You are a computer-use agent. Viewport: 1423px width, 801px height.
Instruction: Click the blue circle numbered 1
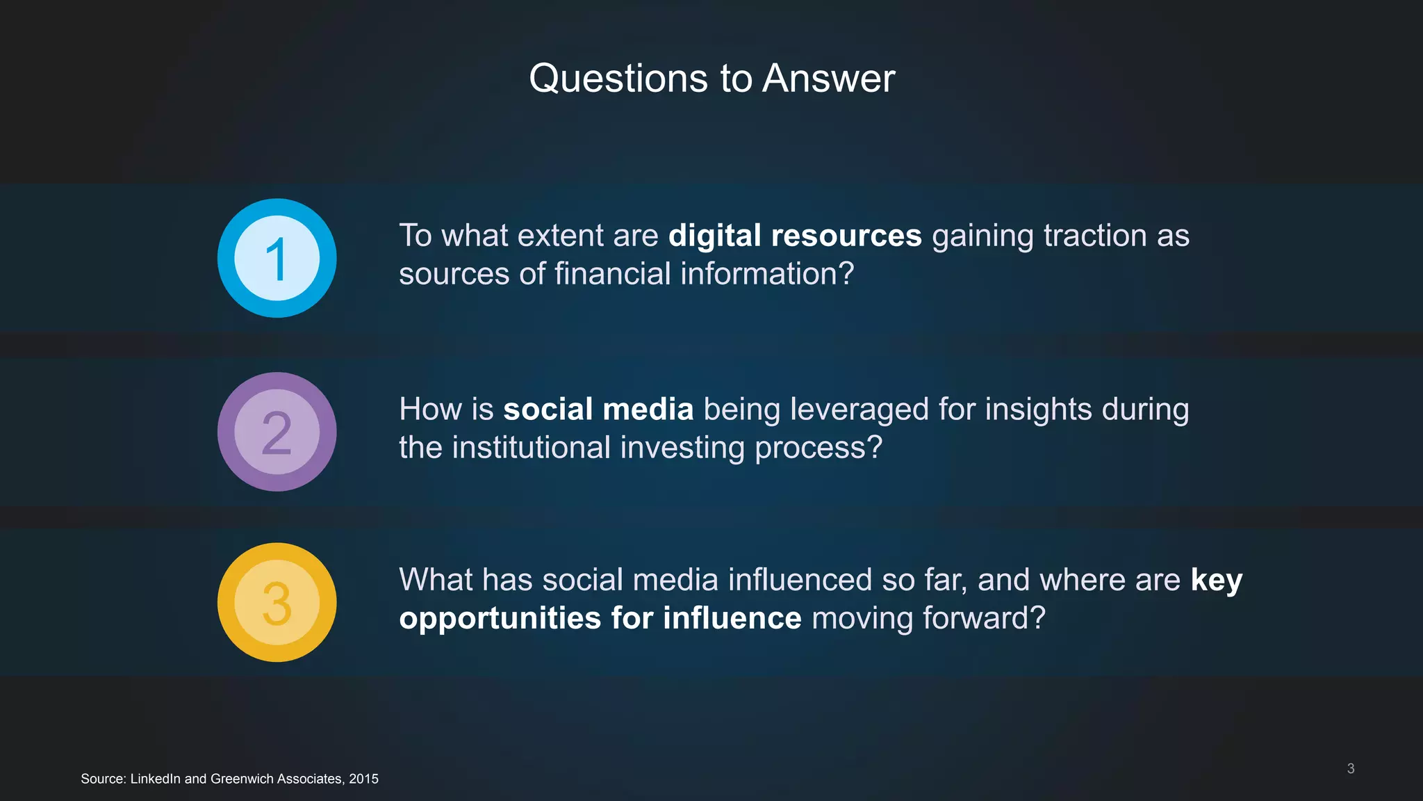pyautogui.click(x=277, y=258)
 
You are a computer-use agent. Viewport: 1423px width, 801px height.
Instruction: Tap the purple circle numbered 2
pyautogui.click(x=277, y=432)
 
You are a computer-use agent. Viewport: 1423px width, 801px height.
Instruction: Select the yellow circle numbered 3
pyautogui.click(x=277, y=602)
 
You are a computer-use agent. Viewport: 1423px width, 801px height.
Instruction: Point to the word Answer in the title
pyautogui.click(x=828, y=78)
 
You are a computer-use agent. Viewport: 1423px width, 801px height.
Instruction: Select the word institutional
pyautogui.click(x=530, y=447)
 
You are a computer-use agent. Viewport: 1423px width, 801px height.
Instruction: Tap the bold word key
pyautogui.click(x=1216, y=581)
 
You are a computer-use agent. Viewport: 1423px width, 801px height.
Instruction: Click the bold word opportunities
pyautogui.click(x=500, y=619)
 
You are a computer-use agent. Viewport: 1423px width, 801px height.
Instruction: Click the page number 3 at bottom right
pyautogui.click(x=1350, y=768)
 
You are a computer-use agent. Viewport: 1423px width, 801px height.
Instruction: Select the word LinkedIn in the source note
pyautogui.click(x=155, y=779)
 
